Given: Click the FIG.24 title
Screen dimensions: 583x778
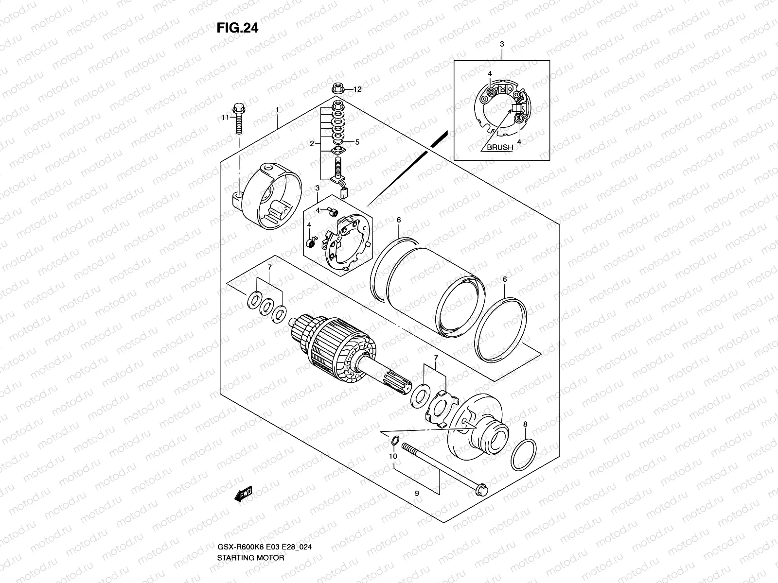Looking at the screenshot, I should point(237,28).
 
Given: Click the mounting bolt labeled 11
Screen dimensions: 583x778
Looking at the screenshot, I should point(238,120).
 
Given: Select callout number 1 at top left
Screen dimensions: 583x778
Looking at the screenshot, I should point(278,111).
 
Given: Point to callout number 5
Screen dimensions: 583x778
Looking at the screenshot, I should point(357,142).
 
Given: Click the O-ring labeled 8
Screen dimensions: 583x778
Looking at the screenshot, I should point(524,455).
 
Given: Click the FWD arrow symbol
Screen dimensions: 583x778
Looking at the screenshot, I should point(243,495).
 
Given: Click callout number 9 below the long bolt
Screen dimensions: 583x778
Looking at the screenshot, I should point(417,493).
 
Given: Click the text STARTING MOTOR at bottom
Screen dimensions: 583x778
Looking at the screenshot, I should point(251,558).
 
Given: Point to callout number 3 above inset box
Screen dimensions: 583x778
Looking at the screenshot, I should point(502,44).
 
